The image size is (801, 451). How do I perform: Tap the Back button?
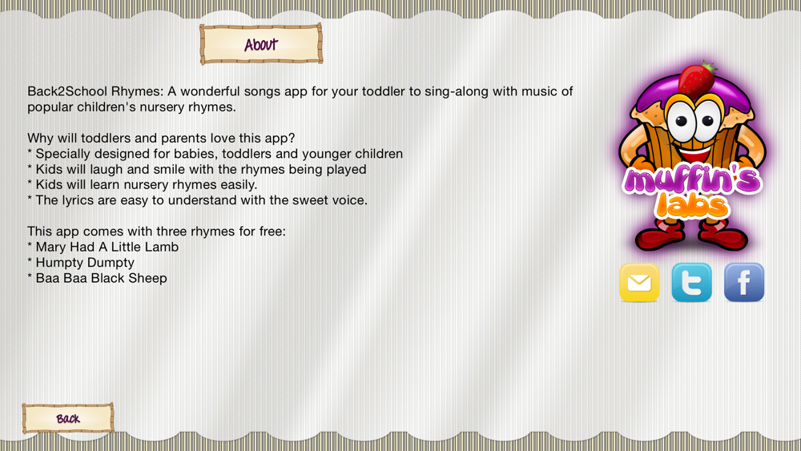68,418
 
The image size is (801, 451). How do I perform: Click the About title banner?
261,44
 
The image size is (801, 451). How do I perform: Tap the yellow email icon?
639,283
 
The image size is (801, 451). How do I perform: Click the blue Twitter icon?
692,283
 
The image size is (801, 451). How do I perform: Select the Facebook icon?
744,283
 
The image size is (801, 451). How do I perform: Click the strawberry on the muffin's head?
697,79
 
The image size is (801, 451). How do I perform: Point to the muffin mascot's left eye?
682,120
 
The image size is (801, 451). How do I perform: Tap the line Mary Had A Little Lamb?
103,248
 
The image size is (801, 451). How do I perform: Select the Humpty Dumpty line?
81,263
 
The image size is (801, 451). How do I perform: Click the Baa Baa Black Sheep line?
97,278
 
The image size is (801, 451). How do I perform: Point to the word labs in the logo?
692,205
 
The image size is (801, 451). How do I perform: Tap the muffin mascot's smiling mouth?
694,151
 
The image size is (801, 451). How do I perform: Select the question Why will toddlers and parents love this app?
161,139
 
